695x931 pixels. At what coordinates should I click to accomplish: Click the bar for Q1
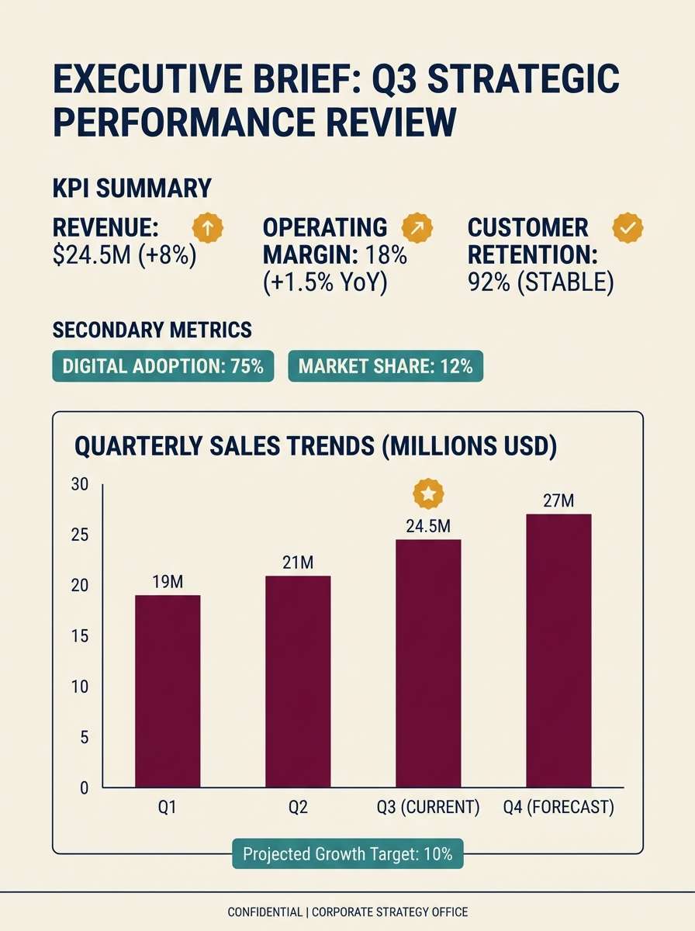pyautogui.click(x=168, y=690)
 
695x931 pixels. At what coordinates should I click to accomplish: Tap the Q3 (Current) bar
pyautogui.click(x=428, y=663)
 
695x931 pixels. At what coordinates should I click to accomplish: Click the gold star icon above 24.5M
pyautogui.click(x=428, y=493)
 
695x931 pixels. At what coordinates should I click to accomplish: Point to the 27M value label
pyautogui.click(x=558, y=501)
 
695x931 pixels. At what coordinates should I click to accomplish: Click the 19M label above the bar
pyautogui.click(x=168, y=583)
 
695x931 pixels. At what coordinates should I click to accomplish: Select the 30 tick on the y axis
pyautogui.click(x=80, y=485)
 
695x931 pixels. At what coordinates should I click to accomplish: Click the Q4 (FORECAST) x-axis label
pyautogui.click(x=558, y=807)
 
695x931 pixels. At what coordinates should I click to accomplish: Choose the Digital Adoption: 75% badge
pyautogui.click(x=163, y=366)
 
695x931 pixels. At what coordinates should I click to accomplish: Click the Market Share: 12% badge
pyautogui.click(x=386, y=366)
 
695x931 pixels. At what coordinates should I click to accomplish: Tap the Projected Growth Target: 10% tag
pyautogui.click(x=347, y=855)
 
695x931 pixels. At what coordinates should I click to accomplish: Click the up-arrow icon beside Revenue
pyautogui.click(x=208, y=227)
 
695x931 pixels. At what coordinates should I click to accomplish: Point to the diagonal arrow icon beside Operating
pyautogui.click(x=417, y=227)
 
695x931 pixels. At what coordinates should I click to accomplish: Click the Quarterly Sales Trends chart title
pyautogui.click(x=316, y=448)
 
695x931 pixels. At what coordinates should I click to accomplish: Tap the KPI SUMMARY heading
pyautogui.click(x=131, y=189)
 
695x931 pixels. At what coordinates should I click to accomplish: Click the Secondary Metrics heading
pyautogui.click(x=152, y=330)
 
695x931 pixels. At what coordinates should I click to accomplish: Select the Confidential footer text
pyautogui.click(x=347, y=912)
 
